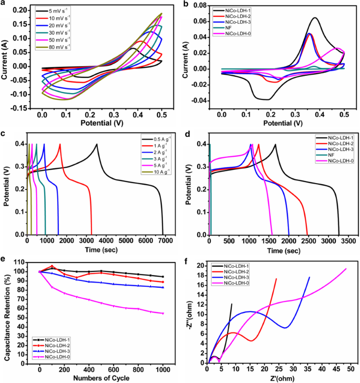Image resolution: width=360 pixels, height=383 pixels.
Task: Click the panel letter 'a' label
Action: tap(4, 4)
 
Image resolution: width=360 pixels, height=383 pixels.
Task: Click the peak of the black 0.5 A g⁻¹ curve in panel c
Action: tap(97, 144)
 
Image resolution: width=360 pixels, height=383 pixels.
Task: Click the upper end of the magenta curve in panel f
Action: tap(346, 269)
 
